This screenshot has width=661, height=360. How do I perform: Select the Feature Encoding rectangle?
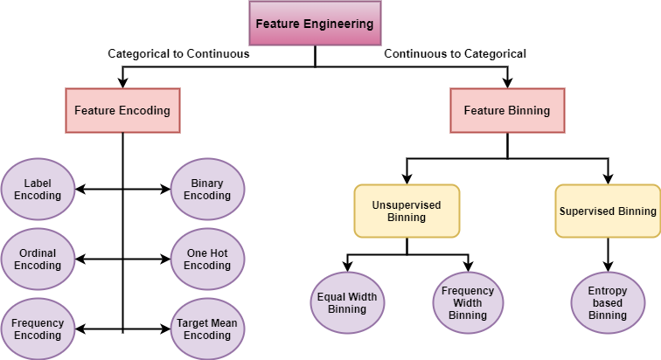[x=122, y=111]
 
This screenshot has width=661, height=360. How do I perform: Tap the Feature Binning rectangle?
[x=507, y=111]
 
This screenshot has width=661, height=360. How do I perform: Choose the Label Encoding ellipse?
[x=38, y=190]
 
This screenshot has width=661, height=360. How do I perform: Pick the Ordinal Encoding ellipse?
[x=38, y=260]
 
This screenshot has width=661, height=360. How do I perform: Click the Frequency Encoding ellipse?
[x=38, y=329]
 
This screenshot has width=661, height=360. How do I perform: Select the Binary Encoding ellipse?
[x=207, y=190]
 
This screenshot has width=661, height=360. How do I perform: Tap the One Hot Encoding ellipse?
[x=207, y=260]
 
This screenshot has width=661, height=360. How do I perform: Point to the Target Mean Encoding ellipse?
[x=207, y=329]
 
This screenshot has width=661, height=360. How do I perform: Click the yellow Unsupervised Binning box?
[x=407, y=211]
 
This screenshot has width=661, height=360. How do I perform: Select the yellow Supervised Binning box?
[x=608, y=211]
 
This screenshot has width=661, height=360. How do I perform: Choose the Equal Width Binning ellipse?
[x=347, y=302]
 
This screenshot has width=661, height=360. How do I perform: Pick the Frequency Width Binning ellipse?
[x=468, y=302]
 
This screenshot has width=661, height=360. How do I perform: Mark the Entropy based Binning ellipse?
[x=608, y=302]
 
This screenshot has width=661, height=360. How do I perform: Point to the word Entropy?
[x=608, y=291]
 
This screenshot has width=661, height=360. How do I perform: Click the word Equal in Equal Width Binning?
[x=332, y=297]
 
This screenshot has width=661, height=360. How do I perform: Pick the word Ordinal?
[x=38, y=253]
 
